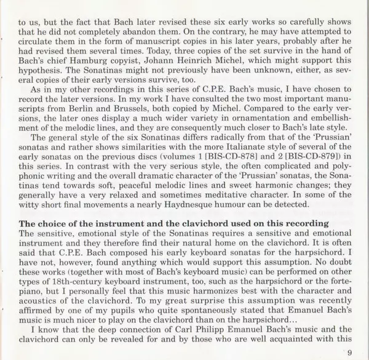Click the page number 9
tap(349, 351)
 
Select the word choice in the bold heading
tap(52, 239)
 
